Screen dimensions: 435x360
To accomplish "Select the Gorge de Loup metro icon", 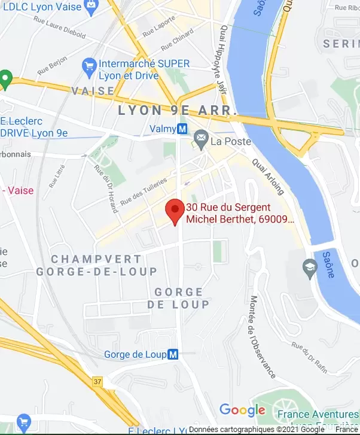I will [173, 354].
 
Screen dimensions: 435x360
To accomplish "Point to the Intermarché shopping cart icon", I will [90, 64].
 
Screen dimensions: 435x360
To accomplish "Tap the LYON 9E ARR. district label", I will [178, 111].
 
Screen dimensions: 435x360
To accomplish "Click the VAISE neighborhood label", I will [93, 90].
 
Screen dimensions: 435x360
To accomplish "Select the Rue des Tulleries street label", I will [144, 192].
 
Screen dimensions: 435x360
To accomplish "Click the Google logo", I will [242, 410].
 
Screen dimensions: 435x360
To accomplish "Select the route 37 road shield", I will [97, 381].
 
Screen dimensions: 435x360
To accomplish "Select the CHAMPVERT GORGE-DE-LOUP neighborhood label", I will [96, 265].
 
